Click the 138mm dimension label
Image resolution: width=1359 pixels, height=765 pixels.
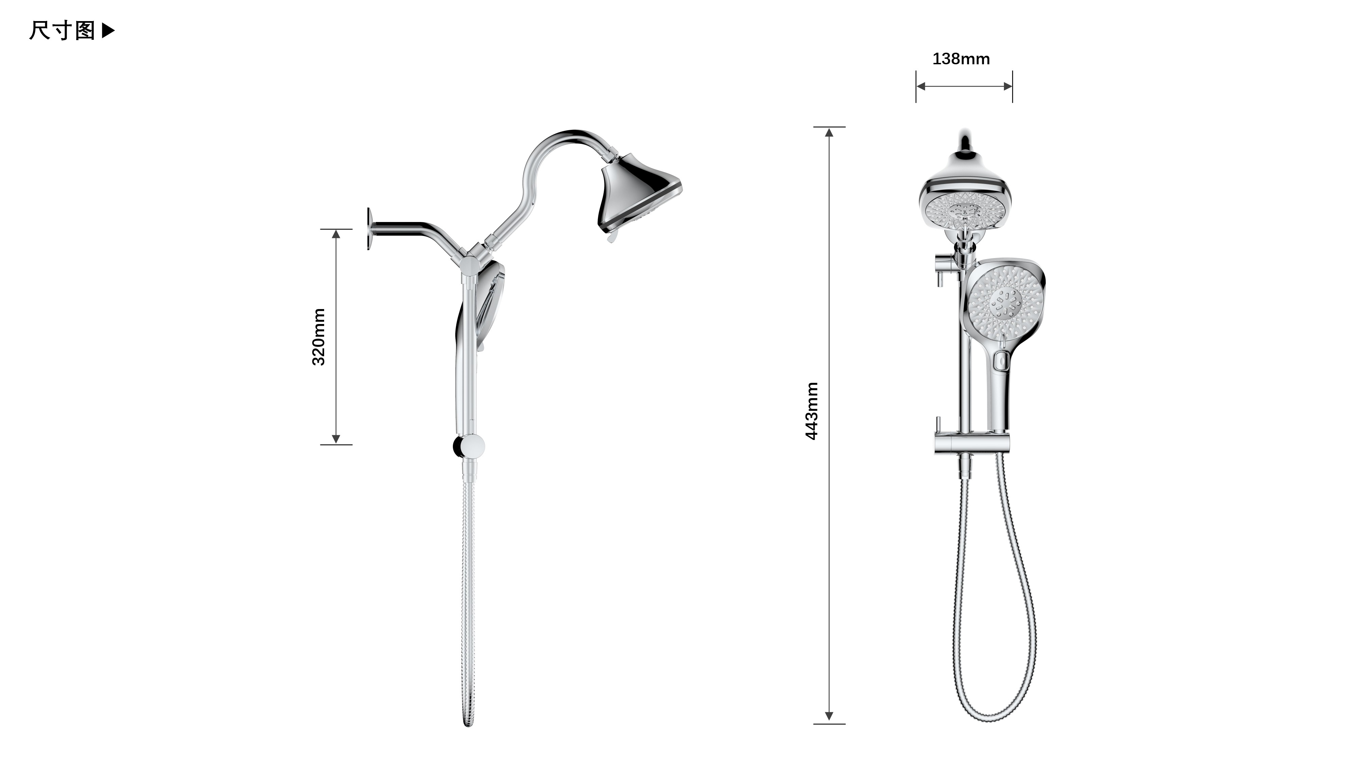(961, 58)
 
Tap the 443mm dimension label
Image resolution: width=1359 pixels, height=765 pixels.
(811, 411)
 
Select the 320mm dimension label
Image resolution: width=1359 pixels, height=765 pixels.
(319, 337)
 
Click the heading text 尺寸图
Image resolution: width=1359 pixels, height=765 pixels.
(62, 31)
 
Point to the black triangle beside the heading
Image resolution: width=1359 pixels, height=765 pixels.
(108, 31)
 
